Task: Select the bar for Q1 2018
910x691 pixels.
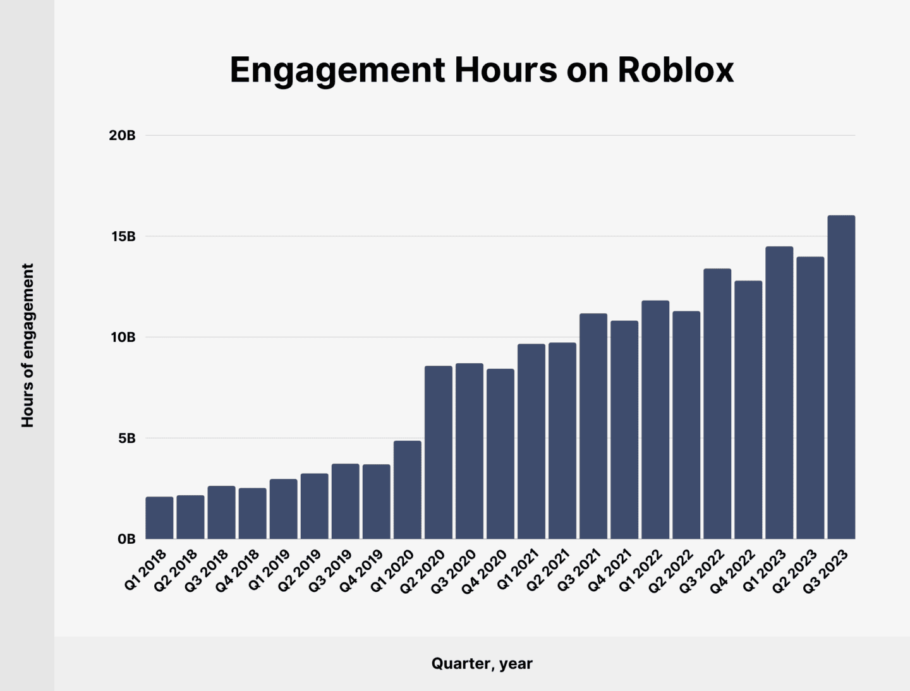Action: click(159, 518)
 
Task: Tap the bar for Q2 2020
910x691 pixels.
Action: click(438, 452)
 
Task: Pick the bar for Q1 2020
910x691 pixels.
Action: click(407, 490)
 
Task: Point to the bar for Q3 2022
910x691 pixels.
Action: click(717, 404)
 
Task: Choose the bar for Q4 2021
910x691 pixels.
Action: click(624, 430)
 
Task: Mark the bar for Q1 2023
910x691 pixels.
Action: click(779, 392)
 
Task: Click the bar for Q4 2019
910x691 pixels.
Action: click(376, 502)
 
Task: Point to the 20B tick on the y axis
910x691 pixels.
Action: click(122, 135)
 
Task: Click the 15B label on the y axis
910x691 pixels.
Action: click(123, 236)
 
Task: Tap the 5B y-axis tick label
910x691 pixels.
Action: click(126, 438)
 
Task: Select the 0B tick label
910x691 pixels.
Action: click(126, 539)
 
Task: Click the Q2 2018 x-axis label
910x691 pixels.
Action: click(176, 570)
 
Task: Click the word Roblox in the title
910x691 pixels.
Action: click(676, 69)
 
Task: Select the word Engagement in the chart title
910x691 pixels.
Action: click(337, 71)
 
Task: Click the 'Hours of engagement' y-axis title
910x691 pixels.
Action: click(28, 345)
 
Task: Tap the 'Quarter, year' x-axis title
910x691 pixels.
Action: click(482, 663)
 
